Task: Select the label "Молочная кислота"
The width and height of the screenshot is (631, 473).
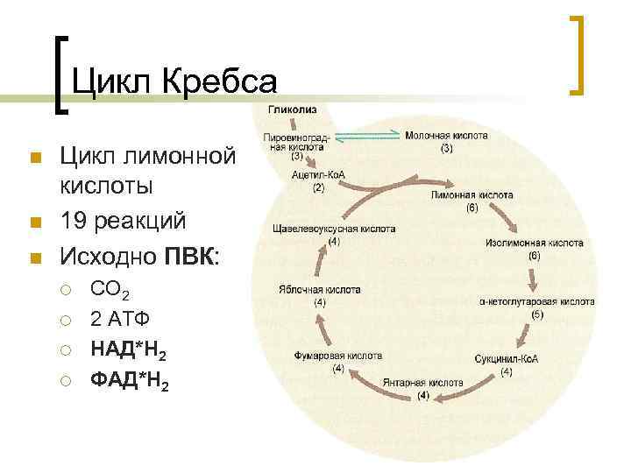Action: tap(446, 136)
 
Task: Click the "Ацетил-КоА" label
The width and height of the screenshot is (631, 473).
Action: tap(318, 174)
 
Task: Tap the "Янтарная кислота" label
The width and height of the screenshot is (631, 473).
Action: tap(422, 383)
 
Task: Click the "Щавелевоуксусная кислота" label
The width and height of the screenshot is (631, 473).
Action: tap(334, 229)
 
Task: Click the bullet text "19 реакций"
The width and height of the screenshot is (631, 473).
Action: tap(122, 218)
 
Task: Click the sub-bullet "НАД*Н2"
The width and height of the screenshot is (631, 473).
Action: tap(130, 350)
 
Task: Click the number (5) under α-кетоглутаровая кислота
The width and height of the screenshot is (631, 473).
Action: tap(537, 314)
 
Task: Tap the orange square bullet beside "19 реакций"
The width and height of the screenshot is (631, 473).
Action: tap(35, 220)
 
